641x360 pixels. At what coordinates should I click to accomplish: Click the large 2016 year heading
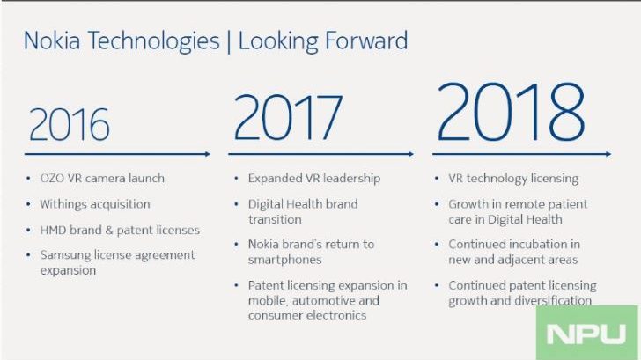pyautogui.click(x=69, y=124)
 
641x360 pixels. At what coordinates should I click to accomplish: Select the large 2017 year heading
pyautogui.click(x=288, y=117)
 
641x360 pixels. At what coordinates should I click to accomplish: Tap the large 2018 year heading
pyautogui.click(x=511, y=112)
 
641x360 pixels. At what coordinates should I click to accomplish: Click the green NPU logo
pyautogui.click(x=586, y=333)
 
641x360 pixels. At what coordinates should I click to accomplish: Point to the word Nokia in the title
pyautogui.click(x=51, y=40)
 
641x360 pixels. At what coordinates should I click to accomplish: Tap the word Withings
pyautogui.click(x=64, y=204)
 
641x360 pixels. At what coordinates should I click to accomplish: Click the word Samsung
pyautogui.click(x=65, y=255)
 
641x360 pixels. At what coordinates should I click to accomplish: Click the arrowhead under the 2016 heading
pyautogui.click(x=207, y=154)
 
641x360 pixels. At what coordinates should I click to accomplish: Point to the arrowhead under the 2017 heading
pyautogui.click(x=411, y=154)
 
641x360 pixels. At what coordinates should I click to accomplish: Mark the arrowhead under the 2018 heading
pyautogui.click(x=608, y=154)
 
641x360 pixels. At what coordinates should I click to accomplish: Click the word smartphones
pyautogui.click(x=284, y=260)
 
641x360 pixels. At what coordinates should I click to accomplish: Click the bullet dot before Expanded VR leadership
pyautogui.click(x=236, y=179)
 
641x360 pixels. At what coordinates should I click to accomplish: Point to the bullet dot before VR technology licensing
pyautogui.click(x=437, y=179)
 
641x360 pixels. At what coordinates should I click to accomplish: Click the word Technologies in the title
pyautogui.click(x=154, y=41)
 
